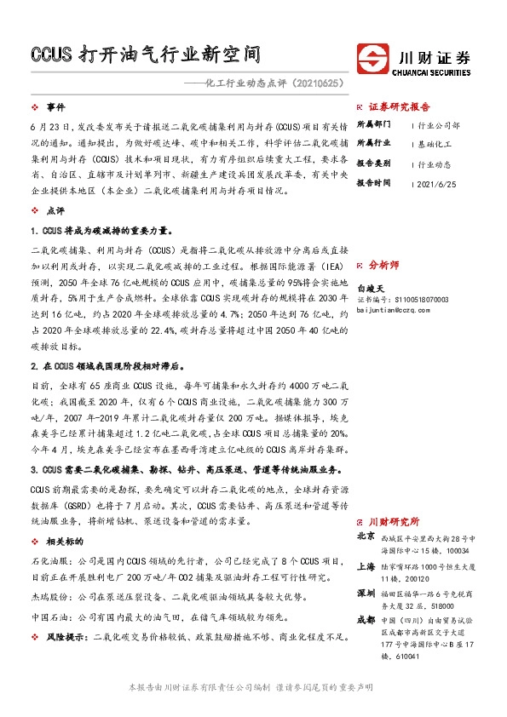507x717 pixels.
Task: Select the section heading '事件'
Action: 56,108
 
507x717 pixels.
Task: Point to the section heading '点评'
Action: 55,209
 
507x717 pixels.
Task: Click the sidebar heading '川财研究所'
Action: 394,521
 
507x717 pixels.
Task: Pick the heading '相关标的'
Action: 65,541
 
